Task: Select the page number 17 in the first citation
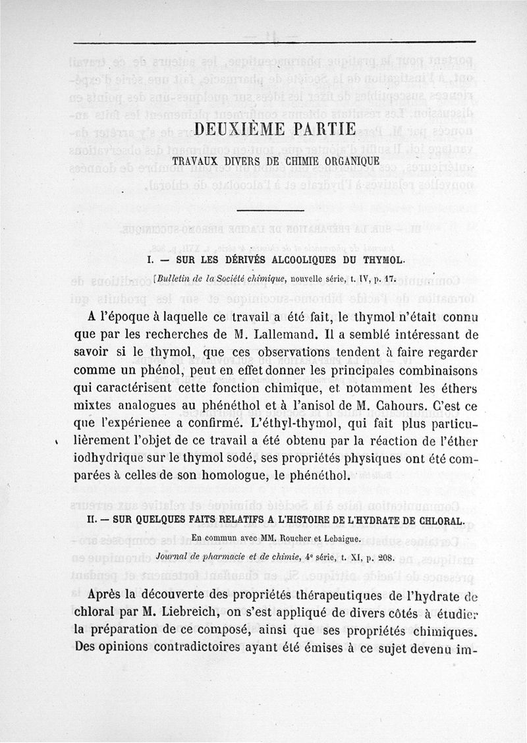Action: coord(389,278)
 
